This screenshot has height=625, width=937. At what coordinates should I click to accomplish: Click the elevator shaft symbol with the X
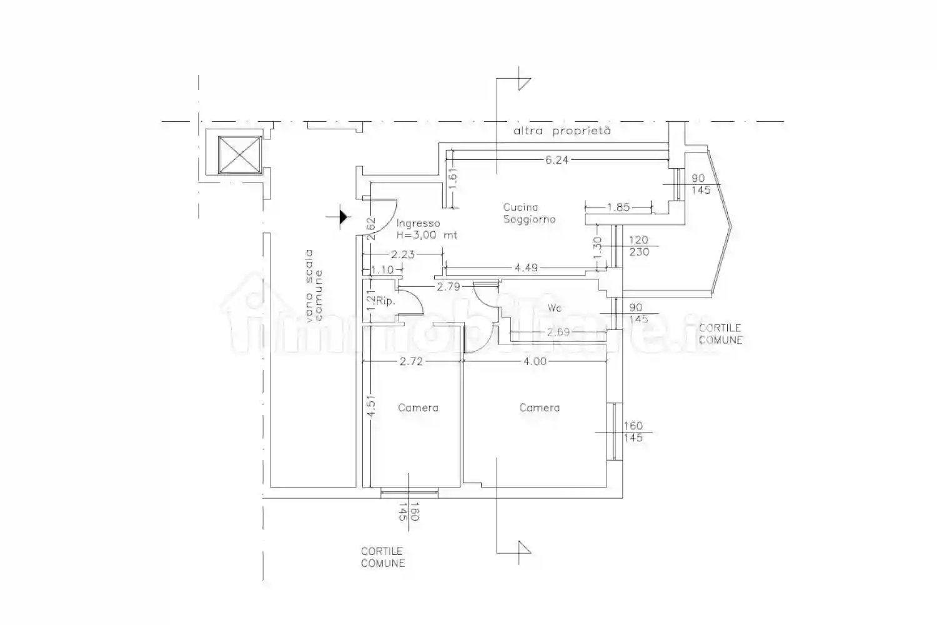240,154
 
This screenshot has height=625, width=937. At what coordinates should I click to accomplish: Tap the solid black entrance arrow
343,217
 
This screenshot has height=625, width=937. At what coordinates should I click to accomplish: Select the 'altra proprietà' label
562,131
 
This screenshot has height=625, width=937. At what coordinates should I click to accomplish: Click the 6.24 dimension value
557,160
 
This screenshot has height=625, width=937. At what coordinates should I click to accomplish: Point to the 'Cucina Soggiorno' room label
529,213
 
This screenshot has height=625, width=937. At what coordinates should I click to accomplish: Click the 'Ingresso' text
418,224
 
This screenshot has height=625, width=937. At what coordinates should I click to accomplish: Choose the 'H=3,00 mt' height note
427,235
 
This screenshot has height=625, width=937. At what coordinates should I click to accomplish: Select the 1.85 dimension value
618,207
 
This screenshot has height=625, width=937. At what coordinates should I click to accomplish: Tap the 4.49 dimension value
526,267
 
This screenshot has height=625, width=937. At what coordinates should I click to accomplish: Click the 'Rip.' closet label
385,301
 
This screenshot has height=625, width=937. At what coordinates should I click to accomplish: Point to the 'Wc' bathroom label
554,308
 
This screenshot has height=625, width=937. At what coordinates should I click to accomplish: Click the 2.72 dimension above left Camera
411,361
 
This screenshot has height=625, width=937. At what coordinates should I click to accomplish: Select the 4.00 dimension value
535,361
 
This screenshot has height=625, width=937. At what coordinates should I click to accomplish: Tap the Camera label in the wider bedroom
539,407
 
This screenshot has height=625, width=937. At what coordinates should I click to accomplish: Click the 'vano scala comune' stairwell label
314,286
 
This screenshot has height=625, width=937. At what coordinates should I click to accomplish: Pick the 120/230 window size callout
639,246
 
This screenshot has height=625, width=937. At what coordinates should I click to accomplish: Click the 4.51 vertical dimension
370,406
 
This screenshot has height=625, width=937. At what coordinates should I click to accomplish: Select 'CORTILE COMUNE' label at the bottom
383,557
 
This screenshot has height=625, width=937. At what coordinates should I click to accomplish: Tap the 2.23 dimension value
402,254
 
